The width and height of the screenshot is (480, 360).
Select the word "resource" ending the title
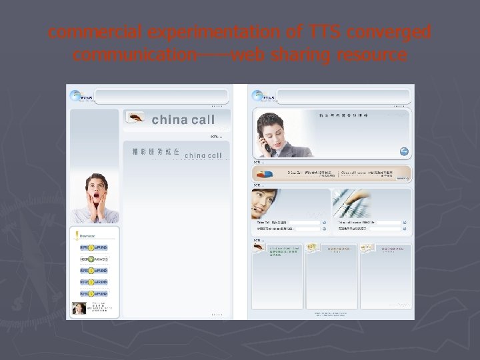coord(371,55)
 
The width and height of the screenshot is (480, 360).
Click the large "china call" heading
coord(183,120)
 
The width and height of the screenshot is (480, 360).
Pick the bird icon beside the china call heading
coord(136,118)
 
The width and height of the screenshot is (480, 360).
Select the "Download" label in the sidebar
coord(87,235)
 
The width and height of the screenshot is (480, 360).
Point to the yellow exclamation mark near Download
coord(77,235)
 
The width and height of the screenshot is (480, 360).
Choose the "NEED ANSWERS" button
coord(93,259)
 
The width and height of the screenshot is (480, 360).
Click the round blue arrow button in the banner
coord(404,151)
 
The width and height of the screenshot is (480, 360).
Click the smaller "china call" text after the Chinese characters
coord(203,155)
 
